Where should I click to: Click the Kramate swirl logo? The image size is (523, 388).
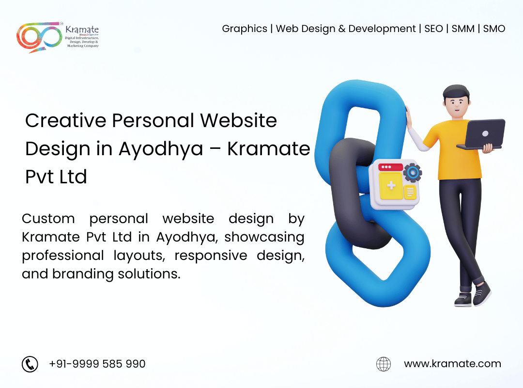coord(39,37)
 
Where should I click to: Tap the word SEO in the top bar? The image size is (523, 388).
coord(433,29)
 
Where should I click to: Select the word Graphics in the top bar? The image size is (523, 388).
coord(245,29)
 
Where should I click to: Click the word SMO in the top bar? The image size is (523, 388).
coord(494,29)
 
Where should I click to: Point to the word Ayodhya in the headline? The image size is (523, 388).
coord(161,149)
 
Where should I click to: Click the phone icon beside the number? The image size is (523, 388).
coord(30,364)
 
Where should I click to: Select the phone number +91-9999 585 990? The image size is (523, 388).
coord(97,364)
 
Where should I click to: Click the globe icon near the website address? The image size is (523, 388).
coord(384,364)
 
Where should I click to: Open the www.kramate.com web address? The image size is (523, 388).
coord(452,364)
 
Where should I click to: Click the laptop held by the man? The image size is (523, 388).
coord(482,134)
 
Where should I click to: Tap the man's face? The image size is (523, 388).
coord(457,104)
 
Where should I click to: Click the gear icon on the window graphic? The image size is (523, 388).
coord(413,173)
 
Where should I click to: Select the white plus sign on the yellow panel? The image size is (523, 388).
coord(391,185)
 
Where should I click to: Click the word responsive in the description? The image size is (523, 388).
coord(211,256)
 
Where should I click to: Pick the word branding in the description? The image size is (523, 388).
coord(83,274)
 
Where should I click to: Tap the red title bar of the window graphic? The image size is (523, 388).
coord(391,167)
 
